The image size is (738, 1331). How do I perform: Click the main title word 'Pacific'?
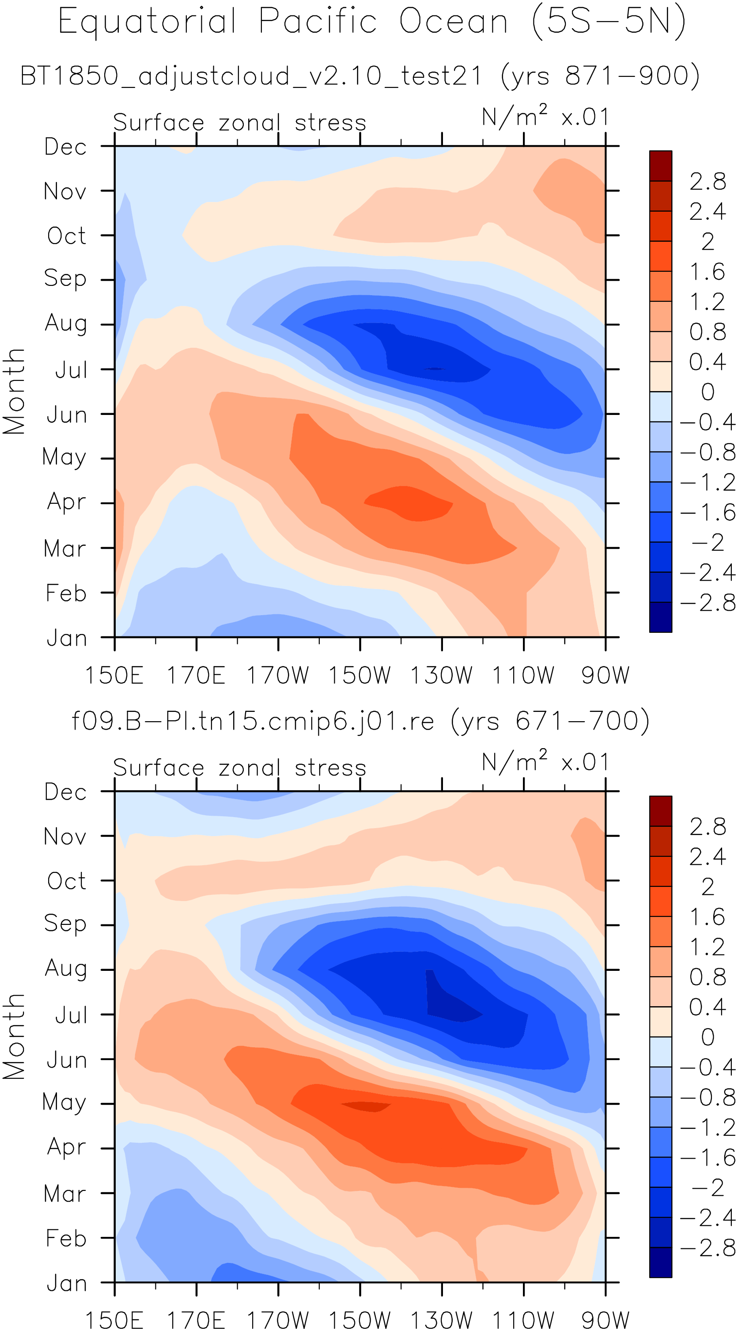(318, 22)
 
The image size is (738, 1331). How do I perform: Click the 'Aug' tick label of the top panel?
(66, 324)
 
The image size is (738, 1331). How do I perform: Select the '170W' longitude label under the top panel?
(278, 675)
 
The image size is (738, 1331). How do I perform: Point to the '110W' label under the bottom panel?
(523, 1320)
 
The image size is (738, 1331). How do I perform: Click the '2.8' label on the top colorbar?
(708, 181)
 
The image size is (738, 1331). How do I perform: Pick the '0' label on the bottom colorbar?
(708, 1037)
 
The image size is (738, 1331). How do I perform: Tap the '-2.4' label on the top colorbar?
(708, 573)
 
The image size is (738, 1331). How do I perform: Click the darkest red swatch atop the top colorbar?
(661, 166)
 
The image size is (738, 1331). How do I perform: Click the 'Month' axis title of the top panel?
(14, 391)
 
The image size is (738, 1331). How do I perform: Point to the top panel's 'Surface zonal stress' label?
(240, 123)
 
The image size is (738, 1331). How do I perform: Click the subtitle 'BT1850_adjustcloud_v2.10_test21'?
(251, 76)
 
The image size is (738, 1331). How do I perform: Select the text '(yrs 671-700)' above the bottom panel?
(550, 721)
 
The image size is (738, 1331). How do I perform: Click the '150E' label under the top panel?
(114, 675)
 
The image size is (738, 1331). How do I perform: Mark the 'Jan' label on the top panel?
(67, 639)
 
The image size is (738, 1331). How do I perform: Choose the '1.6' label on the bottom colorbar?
(708, 917)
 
